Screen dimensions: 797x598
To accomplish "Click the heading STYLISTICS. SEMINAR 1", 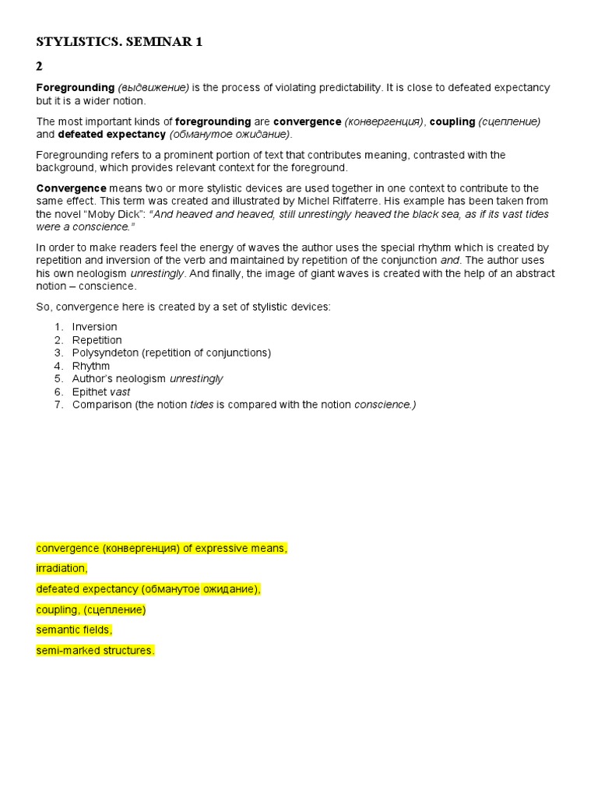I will [119, 43].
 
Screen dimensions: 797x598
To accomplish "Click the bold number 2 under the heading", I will [40, 67].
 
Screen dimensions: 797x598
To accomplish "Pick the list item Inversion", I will [95, 327].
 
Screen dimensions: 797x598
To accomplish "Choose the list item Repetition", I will [97, 340].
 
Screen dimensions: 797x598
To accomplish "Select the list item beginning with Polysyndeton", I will [171, 353].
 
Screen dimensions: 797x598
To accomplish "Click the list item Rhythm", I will [91, 366].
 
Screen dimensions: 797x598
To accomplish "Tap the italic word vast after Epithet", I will [119, 391].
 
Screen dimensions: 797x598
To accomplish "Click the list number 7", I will [58, 405].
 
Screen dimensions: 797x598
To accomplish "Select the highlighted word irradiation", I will [62, 568].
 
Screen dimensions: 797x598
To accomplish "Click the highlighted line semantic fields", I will [74, 630].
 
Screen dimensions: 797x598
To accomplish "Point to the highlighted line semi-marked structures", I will [95, 650].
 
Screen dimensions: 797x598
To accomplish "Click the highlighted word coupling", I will [57, 609].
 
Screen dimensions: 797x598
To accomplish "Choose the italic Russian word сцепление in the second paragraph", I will [509, 121].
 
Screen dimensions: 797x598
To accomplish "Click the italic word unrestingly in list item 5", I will [196, 379].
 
